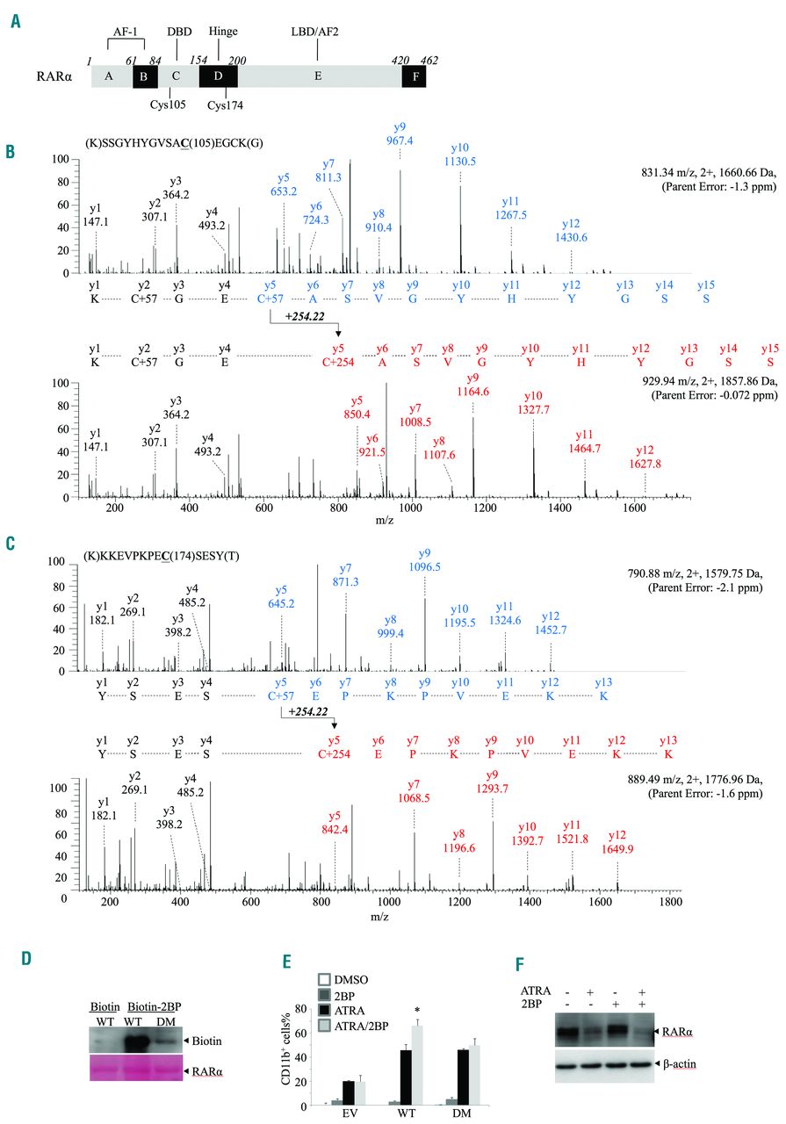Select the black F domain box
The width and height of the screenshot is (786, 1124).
pos(413,76)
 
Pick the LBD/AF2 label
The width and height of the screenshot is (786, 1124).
pos(317,30)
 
